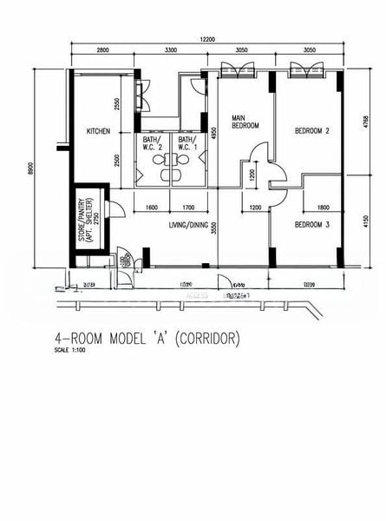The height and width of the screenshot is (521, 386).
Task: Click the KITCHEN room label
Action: click(98, 131)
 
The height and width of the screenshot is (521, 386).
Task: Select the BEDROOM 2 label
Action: click(312, 131)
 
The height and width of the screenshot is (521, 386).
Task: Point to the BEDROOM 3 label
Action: click(312, 224)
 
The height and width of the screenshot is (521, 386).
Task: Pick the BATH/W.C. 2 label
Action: click(153, 143)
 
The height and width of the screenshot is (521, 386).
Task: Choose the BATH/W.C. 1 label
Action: click(186, 143)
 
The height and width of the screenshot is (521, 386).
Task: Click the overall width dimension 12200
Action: click(206, 39)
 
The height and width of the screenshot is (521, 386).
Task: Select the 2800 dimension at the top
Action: click(102, 50)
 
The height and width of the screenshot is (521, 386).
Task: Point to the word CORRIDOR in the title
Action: click(206, 338)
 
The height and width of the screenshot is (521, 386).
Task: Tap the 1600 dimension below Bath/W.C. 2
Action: click(152, 208)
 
